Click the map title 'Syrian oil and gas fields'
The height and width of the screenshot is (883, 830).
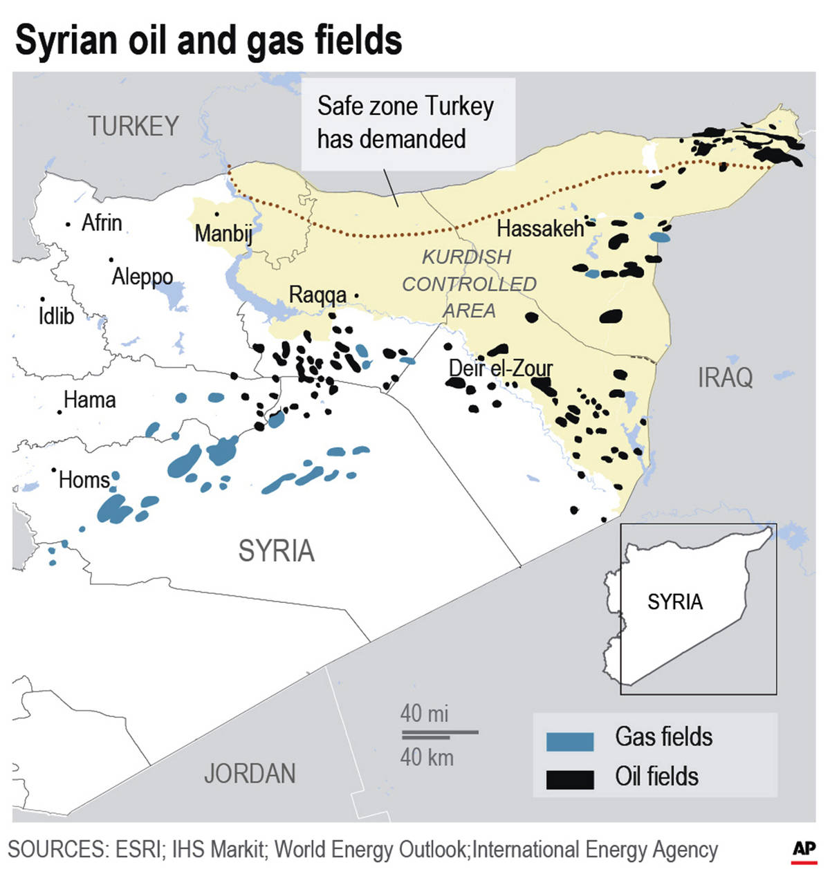point(208,40)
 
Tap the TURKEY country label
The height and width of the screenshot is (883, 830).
point(133,127)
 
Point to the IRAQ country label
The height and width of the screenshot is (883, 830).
point(725,378)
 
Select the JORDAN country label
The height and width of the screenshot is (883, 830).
point(250,774)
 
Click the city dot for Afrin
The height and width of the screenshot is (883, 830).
point(68,225)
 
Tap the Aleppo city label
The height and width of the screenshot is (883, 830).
point(142,277)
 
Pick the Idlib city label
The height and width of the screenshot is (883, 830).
point(56,316)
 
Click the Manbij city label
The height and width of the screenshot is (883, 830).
point(223,233)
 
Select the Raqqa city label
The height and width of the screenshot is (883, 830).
point(317,295)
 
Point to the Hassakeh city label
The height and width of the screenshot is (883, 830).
point(540,228)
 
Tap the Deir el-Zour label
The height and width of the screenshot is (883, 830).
point(501,368)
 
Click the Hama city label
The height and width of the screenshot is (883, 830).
point(90,400)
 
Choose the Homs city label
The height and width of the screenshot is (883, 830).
point(84,480)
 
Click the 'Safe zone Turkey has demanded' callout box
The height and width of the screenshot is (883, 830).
point(408,123)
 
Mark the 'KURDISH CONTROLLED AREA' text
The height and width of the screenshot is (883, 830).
point(469,284)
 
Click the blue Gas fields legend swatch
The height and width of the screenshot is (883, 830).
point(570,741)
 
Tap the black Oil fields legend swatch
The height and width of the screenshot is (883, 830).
point(570,779)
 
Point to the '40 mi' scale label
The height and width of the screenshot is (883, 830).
point(424,713)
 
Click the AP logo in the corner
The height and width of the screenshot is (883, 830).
point(804,851)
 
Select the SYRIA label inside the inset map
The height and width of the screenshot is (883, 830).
point(675,602)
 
